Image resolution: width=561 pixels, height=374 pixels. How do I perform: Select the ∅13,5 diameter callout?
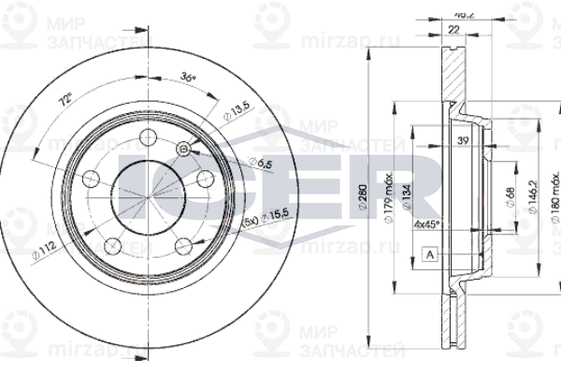tap(236, 113)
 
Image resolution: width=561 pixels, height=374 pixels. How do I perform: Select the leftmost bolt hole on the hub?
tap(92, 178)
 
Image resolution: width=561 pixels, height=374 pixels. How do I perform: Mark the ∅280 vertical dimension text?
tap(362, 202)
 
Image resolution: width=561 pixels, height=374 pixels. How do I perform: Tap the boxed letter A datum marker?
tap(429, 254)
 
